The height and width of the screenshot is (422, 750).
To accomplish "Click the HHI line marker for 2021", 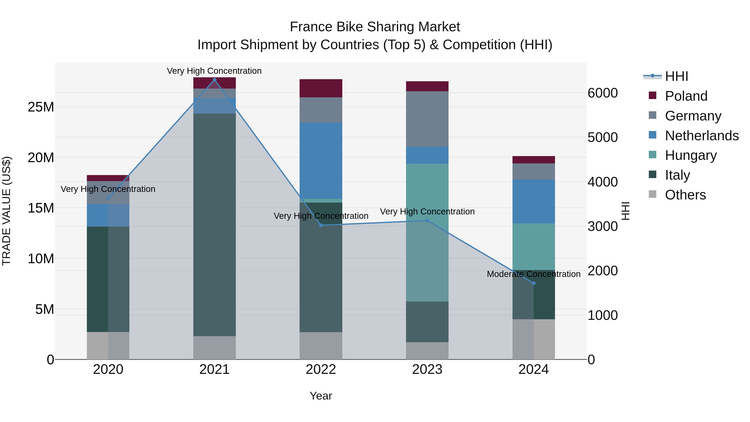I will [x=215, y=80].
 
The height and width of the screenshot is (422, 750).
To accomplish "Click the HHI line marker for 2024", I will [x=534, y=283].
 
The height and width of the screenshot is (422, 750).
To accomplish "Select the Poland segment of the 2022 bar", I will [x=321, y=88].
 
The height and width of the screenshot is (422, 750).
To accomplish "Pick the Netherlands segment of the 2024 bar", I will [x=534, y=202].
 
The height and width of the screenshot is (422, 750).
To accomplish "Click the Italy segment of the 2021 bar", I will [x=215, y=224].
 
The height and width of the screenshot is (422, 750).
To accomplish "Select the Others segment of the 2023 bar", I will [x=427, y=351].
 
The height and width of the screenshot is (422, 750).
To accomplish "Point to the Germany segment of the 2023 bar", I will [x=427, y=119].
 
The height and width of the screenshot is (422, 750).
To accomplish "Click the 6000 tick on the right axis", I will [x=602, y=93].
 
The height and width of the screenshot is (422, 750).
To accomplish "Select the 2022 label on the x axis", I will [x=321, y=369].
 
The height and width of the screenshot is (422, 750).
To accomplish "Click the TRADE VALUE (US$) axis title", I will [x=6, y=211].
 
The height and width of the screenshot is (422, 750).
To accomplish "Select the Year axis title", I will [x=321, y=396].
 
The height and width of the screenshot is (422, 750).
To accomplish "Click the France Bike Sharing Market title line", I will [x=375, y=27].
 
